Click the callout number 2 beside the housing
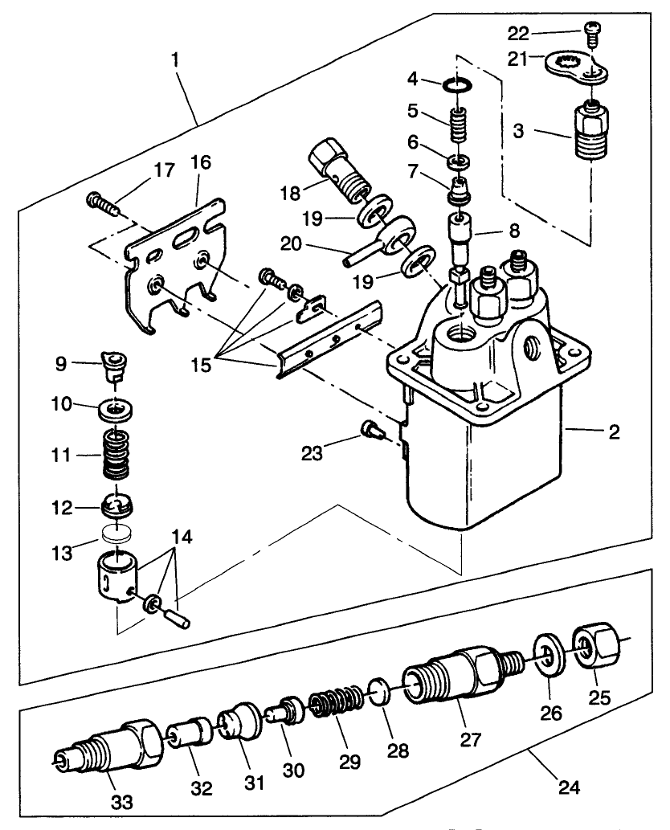(615, 432)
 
